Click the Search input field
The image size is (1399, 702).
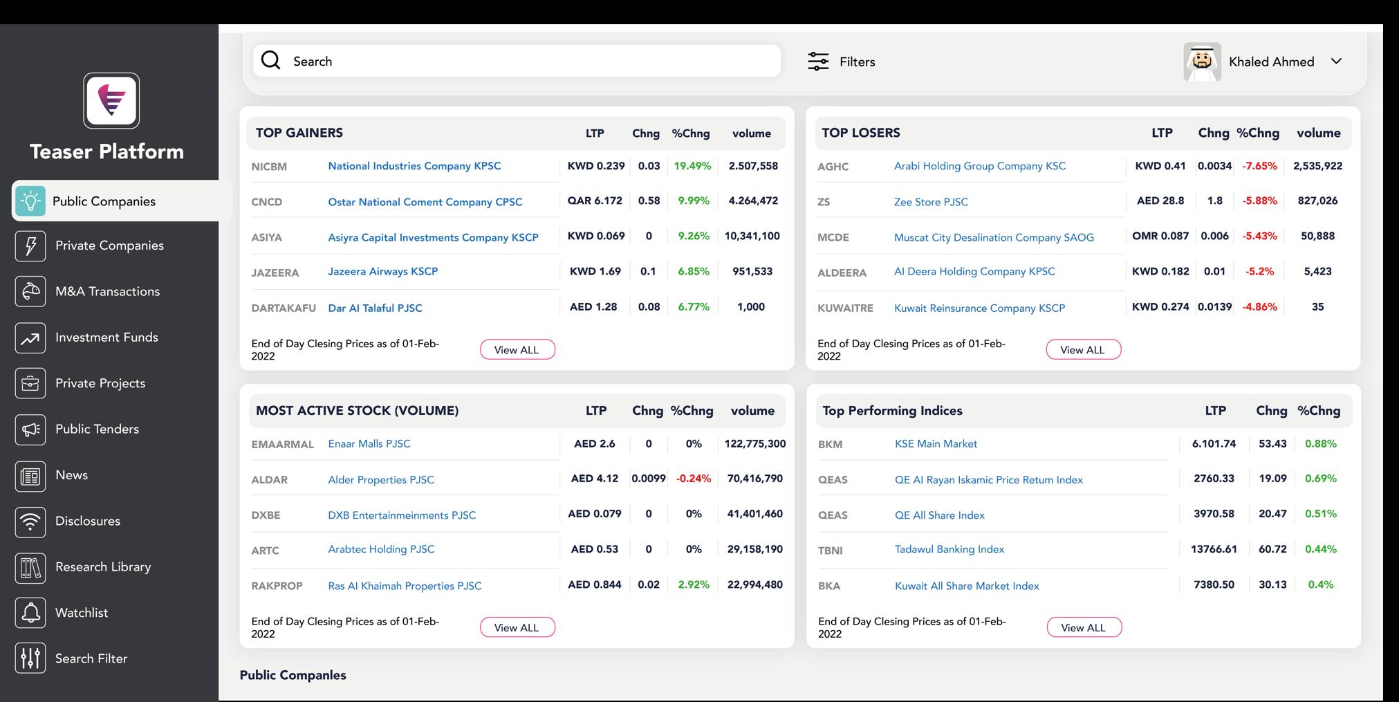(x=517, y=61)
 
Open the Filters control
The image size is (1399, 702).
(x=841, y=62)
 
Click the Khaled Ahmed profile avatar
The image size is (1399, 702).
(x=1202, y=62)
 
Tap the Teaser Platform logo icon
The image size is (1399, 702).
(x=111, y=101)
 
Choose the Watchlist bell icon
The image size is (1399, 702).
(x=30, y=613)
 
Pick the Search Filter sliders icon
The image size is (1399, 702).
(x=30, y=658)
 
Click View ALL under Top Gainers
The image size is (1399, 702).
(x=517, y=350)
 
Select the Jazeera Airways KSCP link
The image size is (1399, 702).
(x=382, y=272)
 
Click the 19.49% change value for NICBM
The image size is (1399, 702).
(x=692, y=166)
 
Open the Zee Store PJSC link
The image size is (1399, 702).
(x=931, y=202)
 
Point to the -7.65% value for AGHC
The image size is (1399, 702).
(x=1259, y=166)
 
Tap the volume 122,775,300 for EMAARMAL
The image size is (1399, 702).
(x=755, y=444)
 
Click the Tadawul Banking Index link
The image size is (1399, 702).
(x=949, y=549)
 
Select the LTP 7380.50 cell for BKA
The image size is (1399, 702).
(x=1214, y=585)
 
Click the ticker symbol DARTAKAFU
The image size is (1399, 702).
(x=284, y=308)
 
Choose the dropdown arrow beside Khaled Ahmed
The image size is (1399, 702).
(x=1336, y=62)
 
